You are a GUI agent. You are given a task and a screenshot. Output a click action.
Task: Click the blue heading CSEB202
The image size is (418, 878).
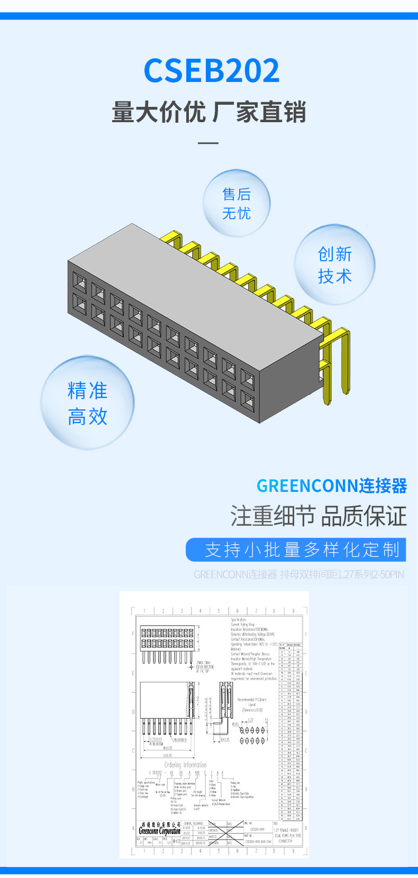(x=211, y=71)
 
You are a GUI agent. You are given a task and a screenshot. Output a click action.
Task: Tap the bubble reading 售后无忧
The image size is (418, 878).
(x=237, y=204)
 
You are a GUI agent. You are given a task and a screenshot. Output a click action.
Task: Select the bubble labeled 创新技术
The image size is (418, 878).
(x=334, y=265)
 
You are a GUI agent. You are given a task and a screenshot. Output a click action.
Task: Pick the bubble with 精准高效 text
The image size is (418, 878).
(x=87, y=404)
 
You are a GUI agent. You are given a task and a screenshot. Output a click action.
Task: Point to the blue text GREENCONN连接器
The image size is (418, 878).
(x=331, y=486)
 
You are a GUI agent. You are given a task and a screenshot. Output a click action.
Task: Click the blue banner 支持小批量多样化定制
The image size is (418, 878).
(x=296, y=550)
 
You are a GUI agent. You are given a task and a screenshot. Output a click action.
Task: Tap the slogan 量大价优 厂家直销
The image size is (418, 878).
(x=209, y=113)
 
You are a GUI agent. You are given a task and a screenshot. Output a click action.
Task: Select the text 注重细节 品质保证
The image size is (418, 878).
(x=318, y=516)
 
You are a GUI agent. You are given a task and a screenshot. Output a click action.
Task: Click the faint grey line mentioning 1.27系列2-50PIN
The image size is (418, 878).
(x=298, y=574)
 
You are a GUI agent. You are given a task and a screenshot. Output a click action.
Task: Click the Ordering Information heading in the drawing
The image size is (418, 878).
(x=185, y=764)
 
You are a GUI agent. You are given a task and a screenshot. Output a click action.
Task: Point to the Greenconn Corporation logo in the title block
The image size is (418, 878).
(x=159, y=829)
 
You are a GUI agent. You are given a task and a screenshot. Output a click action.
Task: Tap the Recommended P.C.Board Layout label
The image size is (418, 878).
(x=252, y=704)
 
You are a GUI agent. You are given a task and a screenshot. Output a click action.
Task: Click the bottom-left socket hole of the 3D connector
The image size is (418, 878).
(x=79, y=304)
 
